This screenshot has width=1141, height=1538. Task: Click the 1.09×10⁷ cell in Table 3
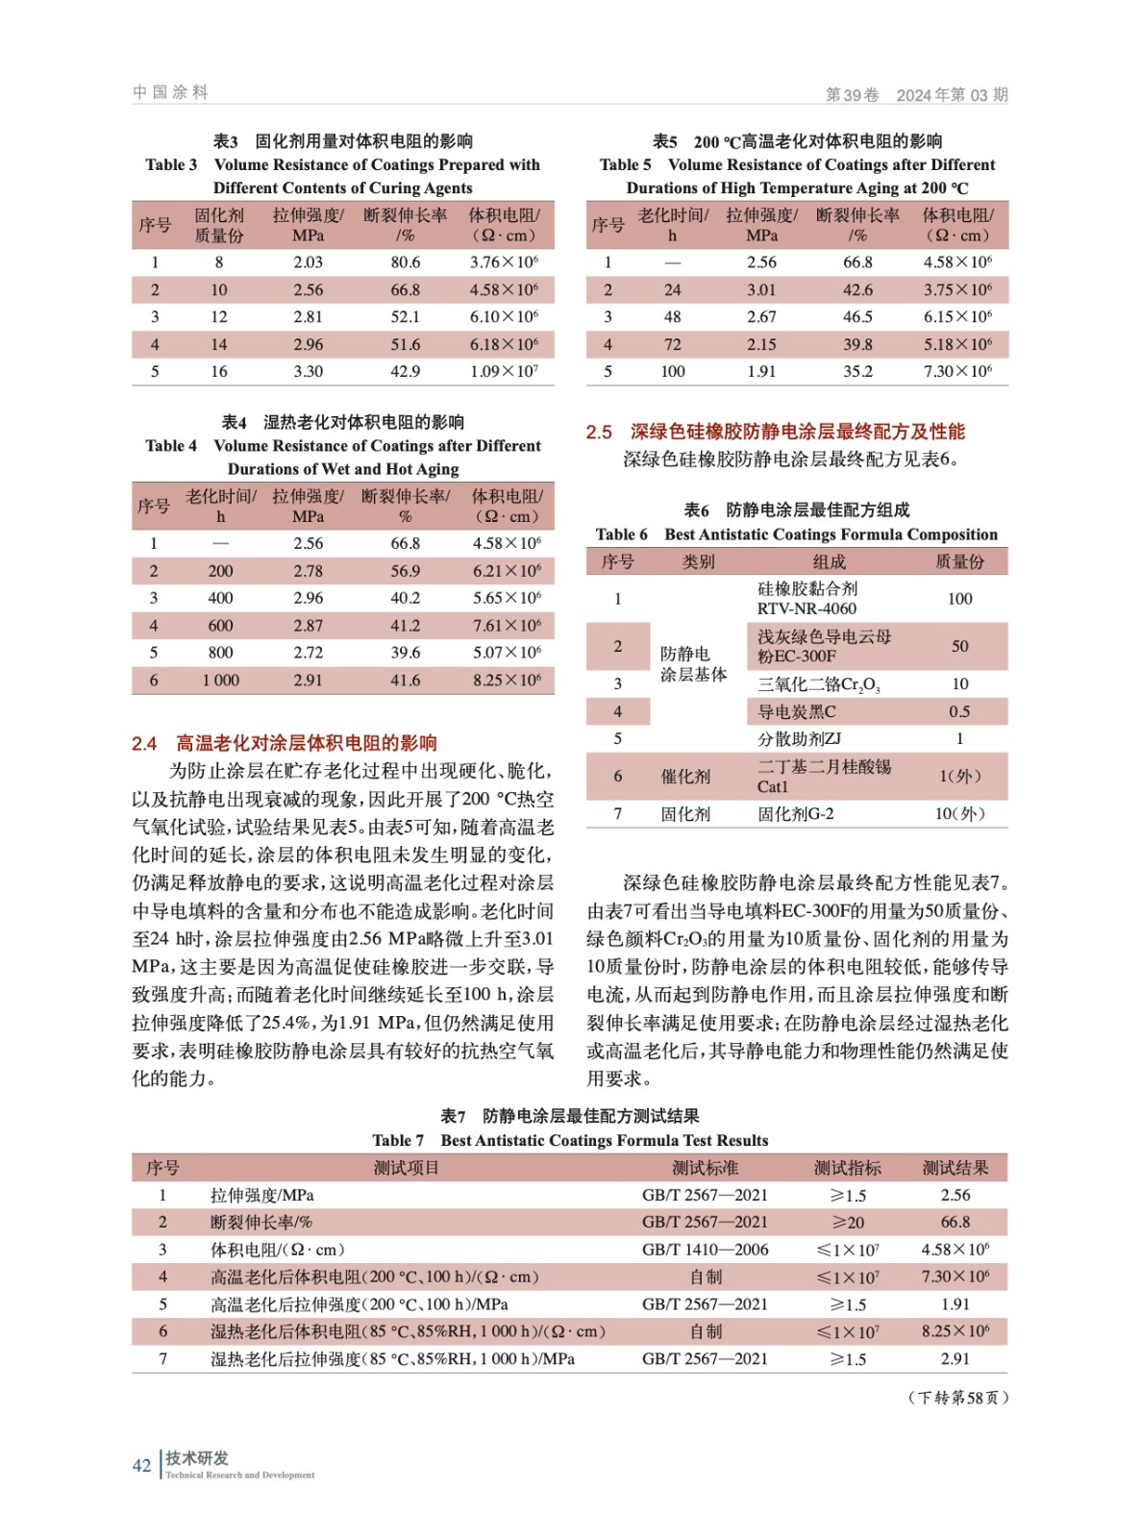504,371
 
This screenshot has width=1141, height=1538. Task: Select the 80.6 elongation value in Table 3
405,261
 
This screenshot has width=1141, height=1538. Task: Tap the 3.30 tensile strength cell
308,371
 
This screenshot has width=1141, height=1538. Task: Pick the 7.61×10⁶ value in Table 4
507,625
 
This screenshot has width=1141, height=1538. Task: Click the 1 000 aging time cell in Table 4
220,680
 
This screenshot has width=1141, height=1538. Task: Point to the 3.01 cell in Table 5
761,289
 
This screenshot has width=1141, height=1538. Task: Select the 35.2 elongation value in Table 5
857,371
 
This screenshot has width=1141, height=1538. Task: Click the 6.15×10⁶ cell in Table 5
957,316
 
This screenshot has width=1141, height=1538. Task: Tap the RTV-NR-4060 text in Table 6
806,608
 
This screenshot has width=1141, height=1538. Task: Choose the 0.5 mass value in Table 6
959,711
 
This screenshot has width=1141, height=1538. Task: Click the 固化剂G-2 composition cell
796,814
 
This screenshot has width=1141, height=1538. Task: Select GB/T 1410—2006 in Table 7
705,1250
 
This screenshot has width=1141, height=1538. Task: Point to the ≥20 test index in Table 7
848,1222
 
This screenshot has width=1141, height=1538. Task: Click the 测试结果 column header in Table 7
955,1168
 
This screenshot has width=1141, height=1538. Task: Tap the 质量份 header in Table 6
959,561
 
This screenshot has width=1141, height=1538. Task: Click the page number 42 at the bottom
141,1465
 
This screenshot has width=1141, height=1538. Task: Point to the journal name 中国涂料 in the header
170,92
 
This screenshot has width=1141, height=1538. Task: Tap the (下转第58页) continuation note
957,1397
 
